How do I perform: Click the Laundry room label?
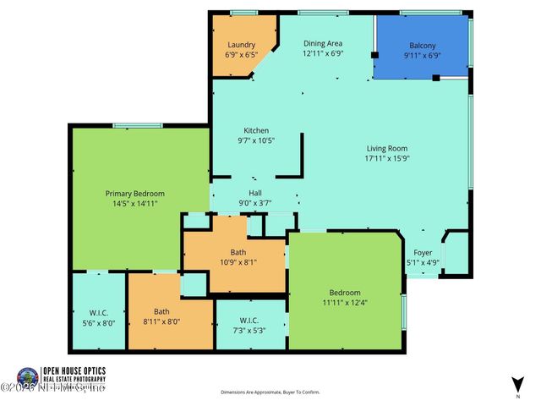point(241,45)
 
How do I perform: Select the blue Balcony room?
point(421,47)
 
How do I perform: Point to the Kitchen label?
point(256,130)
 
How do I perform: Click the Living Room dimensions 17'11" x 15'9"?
point(386,158)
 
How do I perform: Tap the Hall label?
point(254,193)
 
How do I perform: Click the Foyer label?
point(423,252)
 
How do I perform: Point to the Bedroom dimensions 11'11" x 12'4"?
point(345,302)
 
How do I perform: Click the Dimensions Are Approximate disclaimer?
point(270,392)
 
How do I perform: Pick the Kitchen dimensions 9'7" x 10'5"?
point(256,140)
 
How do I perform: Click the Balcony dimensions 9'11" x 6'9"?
point(421,56)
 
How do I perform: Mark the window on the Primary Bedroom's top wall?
point(138,126)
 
